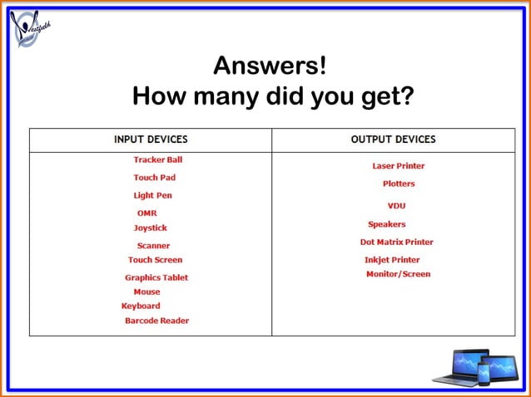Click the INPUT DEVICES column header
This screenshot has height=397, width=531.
tap(151, 140)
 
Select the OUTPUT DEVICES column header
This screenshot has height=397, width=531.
tap(393, 140)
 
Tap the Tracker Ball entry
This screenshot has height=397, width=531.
tap(157, 159)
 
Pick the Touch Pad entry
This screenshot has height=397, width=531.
tap(154, 178)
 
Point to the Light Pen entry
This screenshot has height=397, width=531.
tap(152, 196)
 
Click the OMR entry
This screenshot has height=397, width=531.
tap(146, 213)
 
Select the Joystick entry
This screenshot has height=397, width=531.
tap(150, 228)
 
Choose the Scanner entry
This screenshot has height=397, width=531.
tap(153, 246)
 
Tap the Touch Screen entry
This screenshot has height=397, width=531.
tap(155, 260)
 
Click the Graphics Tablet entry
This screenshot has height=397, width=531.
tap(156, 278)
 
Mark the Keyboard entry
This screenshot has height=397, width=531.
tap(141, 306)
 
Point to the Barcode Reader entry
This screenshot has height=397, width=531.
tap(156, 321)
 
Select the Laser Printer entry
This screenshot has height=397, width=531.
tap(398, 166)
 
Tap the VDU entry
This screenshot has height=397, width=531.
tap(396, 206)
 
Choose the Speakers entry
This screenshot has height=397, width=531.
tap(386, 224)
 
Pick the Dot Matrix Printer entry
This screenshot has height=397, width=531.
tap(396, 243)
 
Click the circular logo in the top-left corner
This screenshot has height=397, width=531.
tap(30, 29)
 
